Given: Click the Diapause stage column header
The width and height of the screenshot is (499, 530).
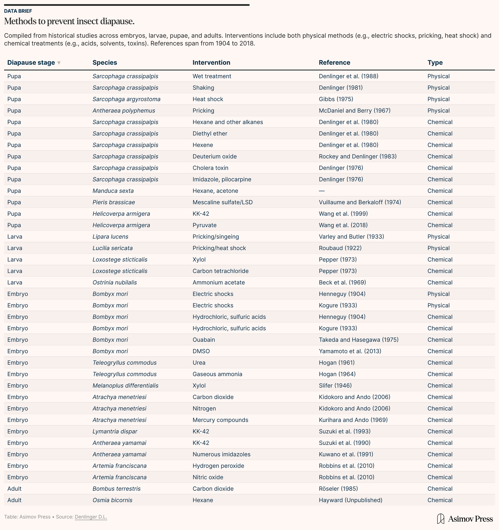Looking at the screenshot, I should click(31, 63).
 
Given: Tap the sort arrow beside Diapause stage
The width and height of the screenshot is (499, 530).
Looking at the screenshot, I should click(59, 63).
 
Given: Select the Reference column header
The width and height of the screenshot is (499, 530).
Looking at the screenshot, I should click(334, 63).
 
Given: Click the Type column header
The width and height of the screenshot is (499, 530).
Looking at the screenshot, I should click(435, 63).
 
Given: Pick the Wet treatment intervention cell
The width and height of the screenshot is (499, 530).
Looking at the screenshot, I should click(212, 76).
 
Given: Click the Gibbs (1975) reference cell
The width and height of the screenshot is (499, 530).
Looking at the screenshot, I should click(336, 99).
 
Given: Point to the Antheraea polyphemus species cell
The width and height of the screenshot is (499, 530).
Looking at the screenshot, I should click(124, 111).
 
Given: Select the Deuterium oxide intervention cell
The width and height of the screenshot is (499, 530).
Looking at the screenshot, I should click(215, 156).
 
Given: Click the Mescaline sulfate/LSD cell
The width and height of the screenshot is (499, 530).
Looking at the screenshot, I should click(222, 202).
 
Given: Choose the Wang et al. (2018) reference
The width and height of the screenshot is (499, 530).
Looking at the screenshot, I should click(343, 225).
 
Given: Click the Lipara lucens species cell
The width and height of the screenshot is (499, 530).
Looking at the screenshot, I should click(110, 237).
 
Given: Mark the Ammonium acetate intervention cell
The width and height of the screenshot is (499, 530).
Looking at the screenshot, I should click(219, 283).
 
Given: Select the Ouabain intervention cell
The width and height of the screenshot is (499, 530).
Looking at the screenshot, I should click(204, 340).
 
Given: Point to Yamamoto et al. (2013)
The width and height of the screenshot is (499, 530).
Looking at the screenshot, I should click(350, 351).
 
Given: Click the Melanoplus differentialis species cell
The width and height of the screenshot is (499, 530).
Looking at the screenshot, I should click(125, 386).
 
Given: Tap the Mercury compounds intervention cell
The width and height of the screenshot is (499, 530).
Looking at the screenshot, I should click(220, 420).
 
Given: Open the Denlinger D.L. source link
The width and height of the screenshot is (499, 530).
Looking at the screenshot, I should click(91, 517).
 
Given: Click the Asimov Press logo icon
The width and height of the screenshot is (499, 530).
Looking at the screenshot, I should click(441, 519).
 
